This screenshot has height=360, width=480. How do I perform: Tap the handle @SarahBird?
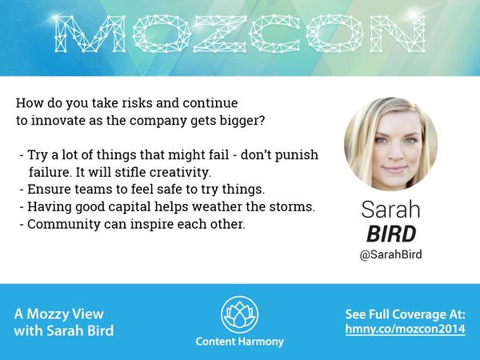[x=390, y=255]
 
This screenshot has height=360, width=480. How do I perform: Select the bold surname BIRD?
[x=391, y=234]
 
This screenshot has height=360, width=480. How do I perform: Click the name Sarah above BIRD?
[x=391, y=211]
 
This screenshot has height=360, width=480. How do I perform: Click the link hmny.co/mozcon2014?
[x=405, y=330]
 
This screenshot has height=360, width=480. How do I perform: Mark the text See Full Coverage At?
[x=405, y=314]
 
